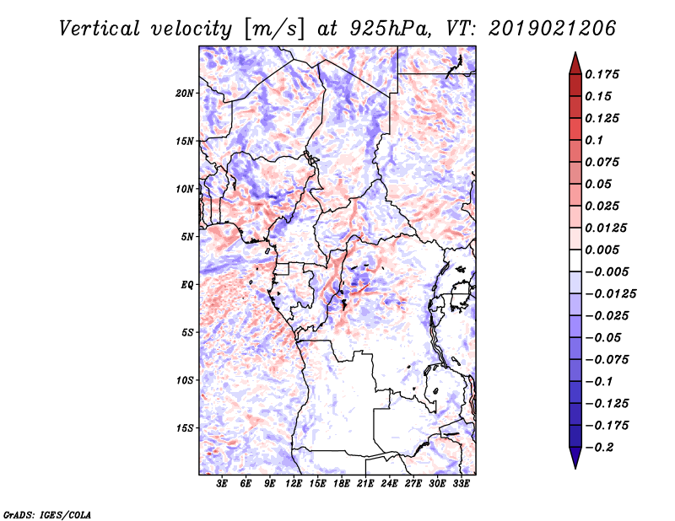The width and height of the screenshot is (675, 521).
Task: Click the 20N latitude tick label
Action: pos(185,93)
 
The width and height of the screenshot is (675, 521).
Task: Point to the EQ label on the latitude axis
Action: pos(186,284)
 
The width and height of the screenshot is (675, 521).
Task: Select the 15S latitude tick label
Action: pos(185,427)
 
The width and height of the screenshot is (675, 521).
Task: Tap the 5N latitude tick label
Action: pos(186,237)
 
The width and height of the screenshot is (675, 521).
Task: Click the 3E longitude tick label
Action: pos(223,484)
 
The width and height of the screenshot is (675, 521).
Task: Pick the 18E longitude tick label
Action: pos(342,484)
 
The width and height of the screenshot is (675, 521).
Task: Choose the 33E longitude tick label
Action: pos(461,484)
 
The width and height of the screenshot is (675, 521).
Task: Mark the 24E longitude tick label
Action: pos(390,484)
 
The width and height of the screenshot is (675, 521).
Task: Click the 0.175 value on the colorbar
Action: pos(606,74)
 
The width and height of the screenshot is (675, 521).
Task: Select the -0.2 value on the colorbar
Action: pos(602,448)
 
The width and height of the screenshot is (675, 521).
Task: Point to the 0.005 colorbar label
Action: pos(606,250)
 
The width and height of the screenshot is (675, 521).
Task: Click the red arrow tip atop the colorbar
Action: pos(575,59)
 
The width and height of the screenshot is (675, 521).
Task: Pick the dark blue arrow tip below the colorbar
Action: pos(575,461)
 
